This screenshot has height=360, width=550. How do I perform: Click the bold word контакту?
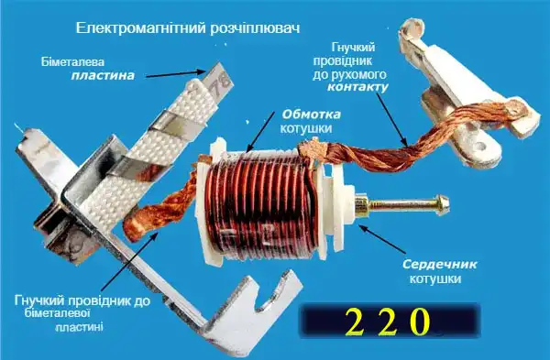click(356, 88)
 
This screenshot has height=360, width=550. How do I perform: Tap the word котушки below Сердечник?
click(434, 278)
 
